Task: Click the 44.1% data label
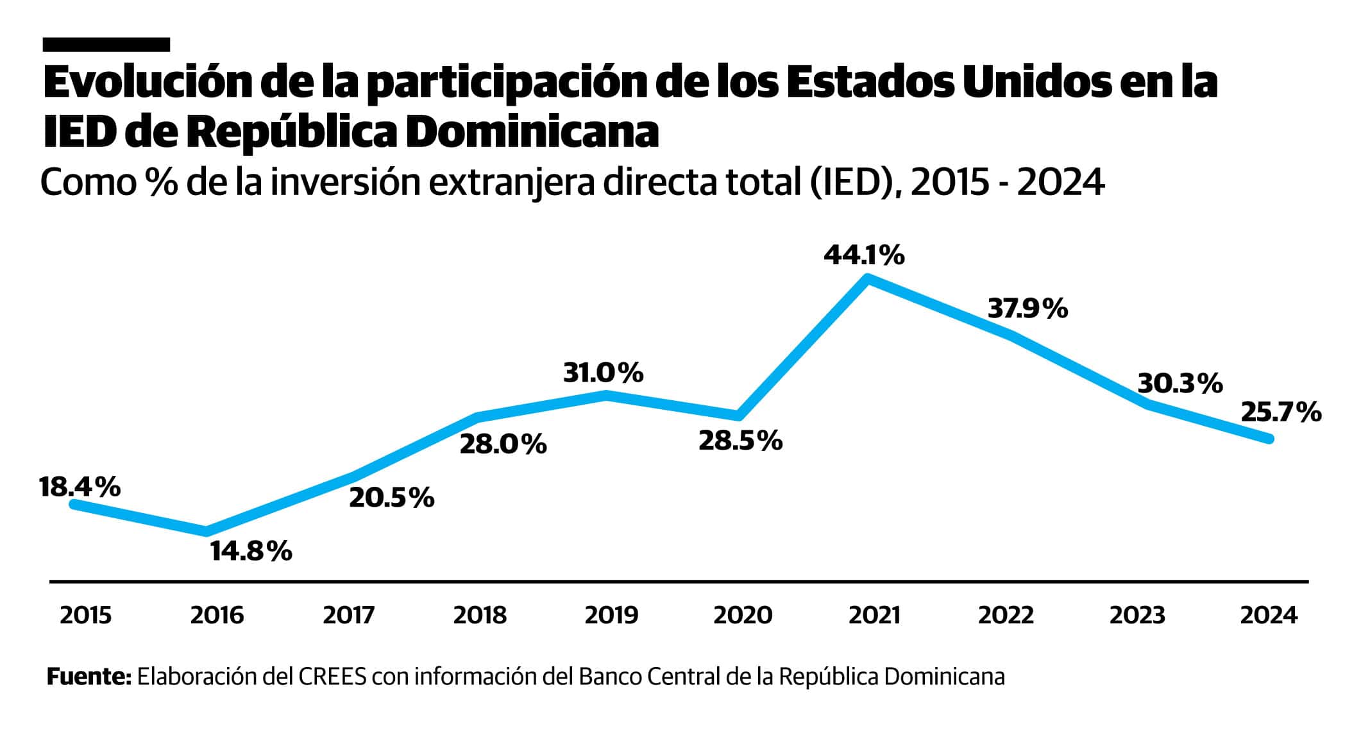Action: (864, 256)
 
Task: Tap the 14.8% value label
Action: (251, 552)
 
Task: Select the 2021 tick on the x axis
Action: (874, 616)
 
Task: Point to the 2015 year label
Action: (85, 616)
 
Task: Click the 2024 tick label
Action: (1268, 616)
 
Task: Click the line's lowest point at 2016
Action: (207, 531)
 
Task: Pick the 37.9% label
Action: (1027, 309)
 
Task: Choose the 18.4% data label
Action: (80, 487)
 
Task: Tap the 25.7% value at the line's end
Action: (1281, 412)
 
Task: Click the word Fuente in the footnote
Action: (89, 677)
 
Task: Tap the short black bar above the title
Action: (106, 44)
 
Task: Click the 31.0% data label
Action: (603, 373)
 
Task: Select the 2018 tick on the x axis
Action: (480, 616)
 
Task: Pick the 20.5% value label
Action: (391, 498)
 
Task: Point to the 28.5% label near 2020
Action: (740, 441)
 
